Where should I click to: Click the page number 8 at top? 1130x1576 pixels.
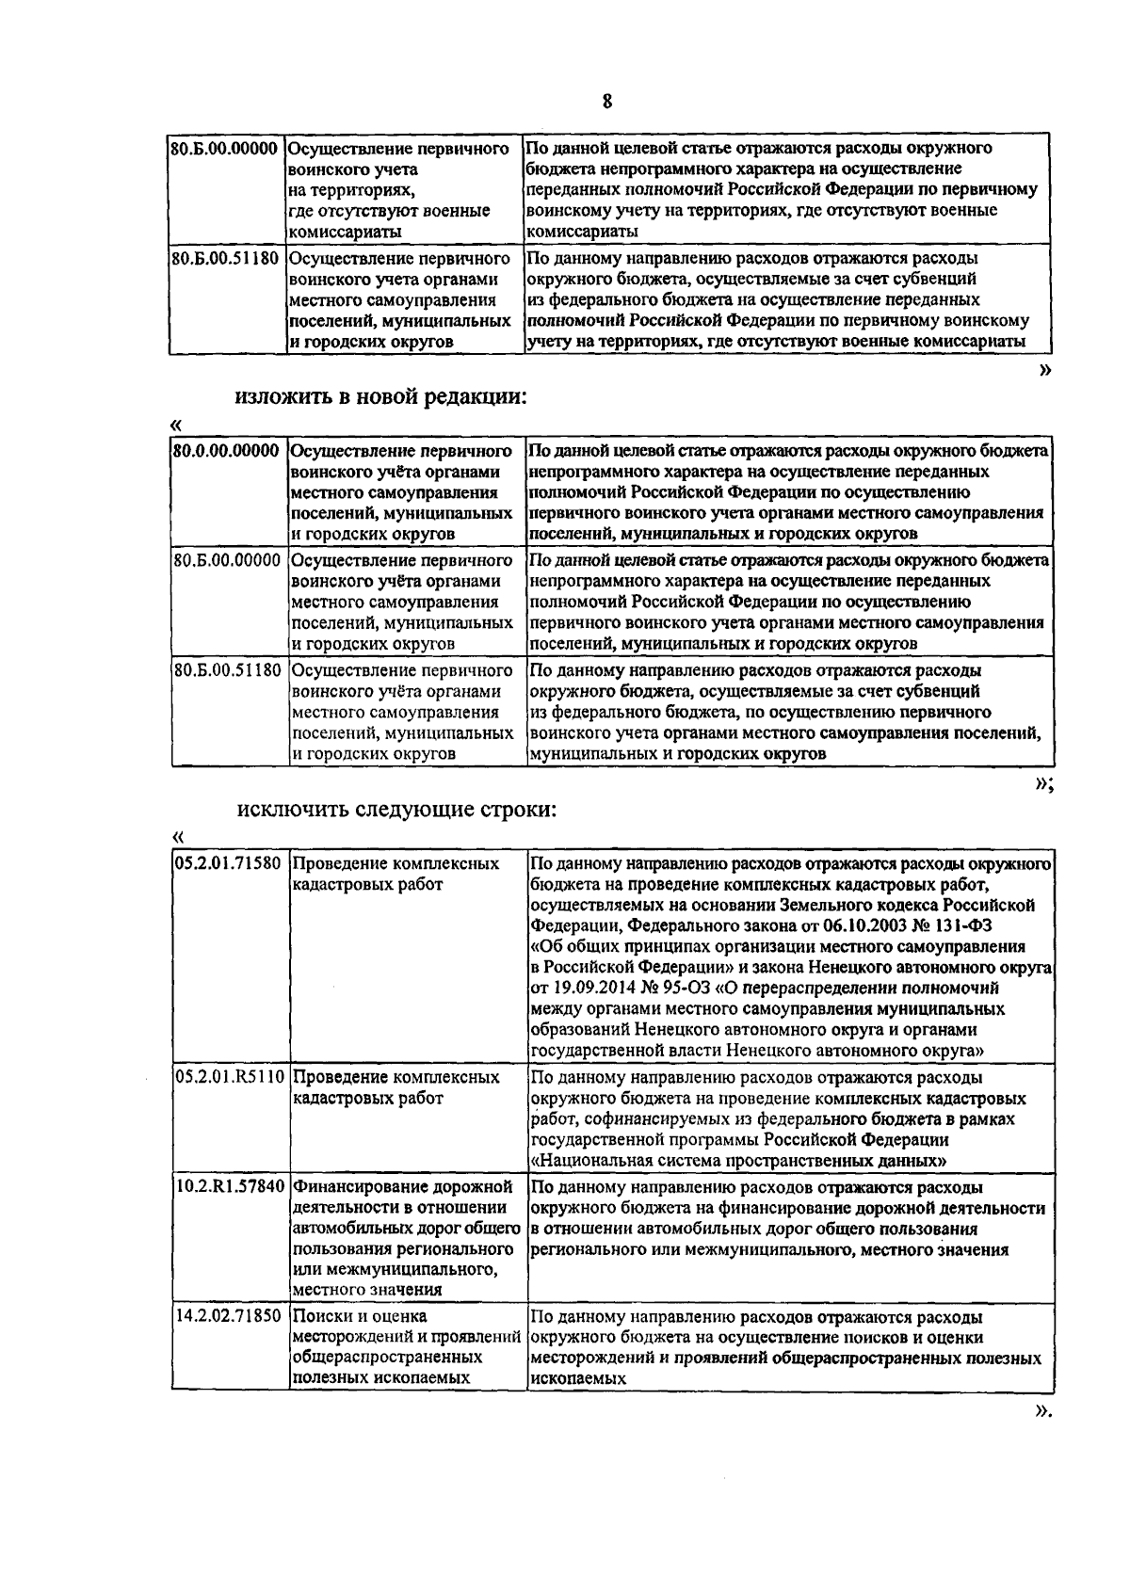(x=607, y=102)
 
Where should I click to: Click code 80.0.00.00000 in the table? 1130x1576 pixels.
(x=227, y=451)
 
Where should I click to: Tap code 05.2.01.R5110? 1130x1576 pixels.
(x=230, y=1076)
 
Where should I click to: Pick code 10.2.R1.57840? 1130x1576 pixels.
(x=230, y=1186)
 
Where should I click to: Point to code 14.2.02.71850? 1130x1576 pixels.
(x=229, y=1315)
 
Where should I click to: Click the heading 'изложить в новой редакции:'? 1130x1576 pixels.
(x=380, y=397)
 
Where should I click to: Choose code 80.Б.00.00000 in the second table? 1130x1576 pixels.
(x=227, y=560)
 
